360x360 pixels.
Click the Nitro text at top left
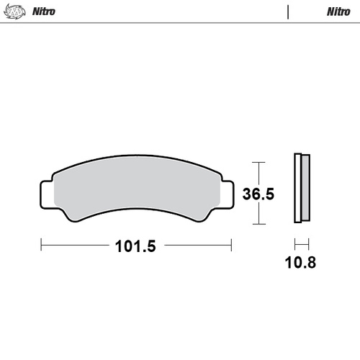pos(44,12)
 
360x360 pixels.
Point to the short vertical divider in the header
pos(288,12)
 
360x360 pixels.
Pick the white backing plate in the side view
pos(297,189)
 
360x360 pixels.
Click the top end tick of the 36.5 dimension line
pos(258,161)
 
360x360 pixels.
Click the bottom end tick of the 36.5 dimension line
pos(258,224)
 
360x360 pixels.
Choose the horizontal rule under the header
pos(180,23)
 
